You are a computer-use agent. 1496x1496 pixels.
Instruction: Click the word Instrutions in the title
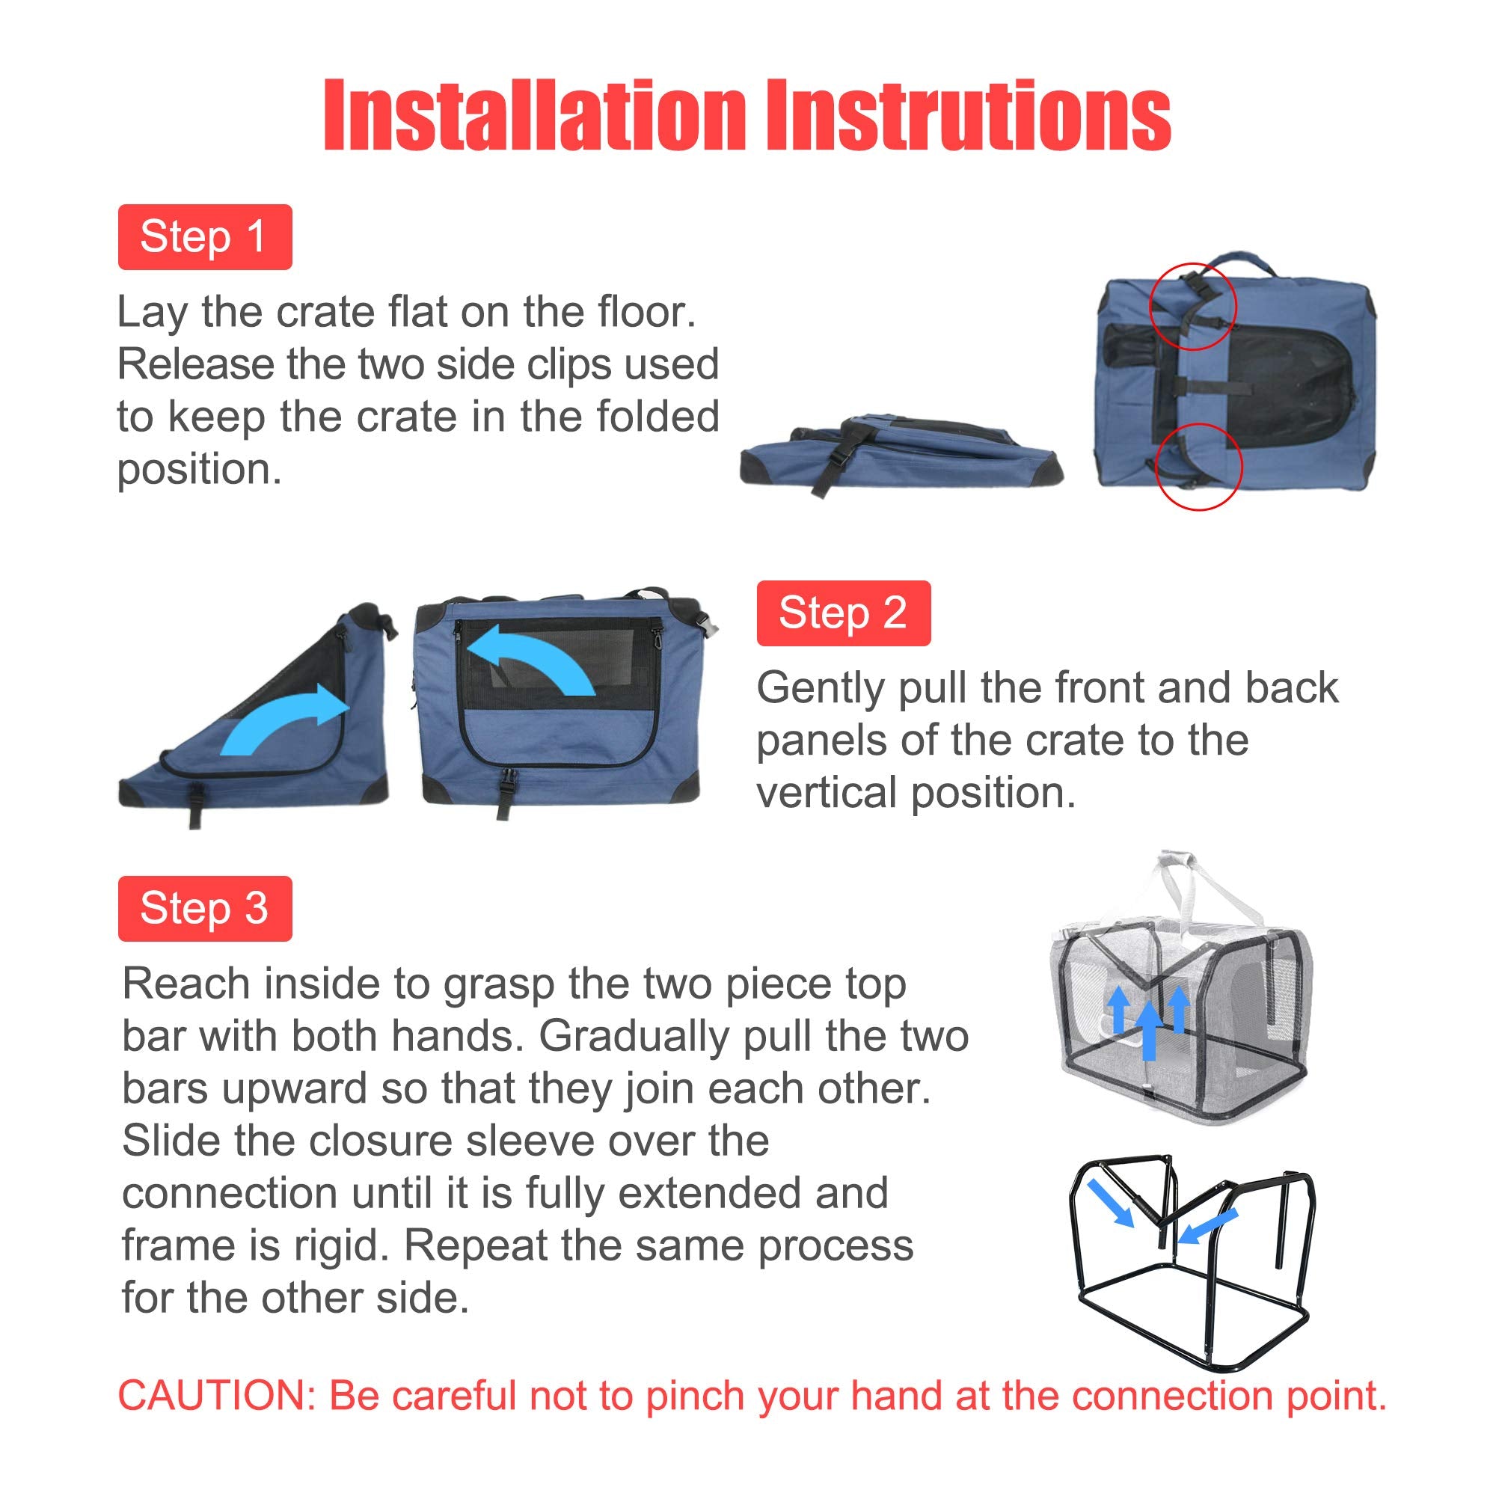pos(968,116)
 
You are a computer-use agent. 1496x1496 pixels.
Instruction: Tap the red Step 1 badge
pos(204,237)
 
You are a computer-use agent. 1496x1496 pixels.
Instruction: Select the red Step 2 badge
pos(843,613)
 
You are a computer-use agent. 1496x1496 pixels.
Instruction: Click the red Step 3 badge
pos(204,908)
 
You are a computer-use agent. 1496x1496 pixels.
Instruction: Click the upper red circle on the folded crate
pos(1192,306)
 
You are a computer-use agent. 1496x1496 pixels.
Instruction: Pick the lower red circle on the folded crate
pos(1198,467)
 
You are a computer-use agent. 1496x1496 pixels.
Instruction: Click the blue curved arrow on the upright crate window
pos(534,658)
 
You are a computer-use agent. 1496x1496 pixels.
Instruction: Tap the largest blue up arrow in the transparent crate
pos(1149,1030)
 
